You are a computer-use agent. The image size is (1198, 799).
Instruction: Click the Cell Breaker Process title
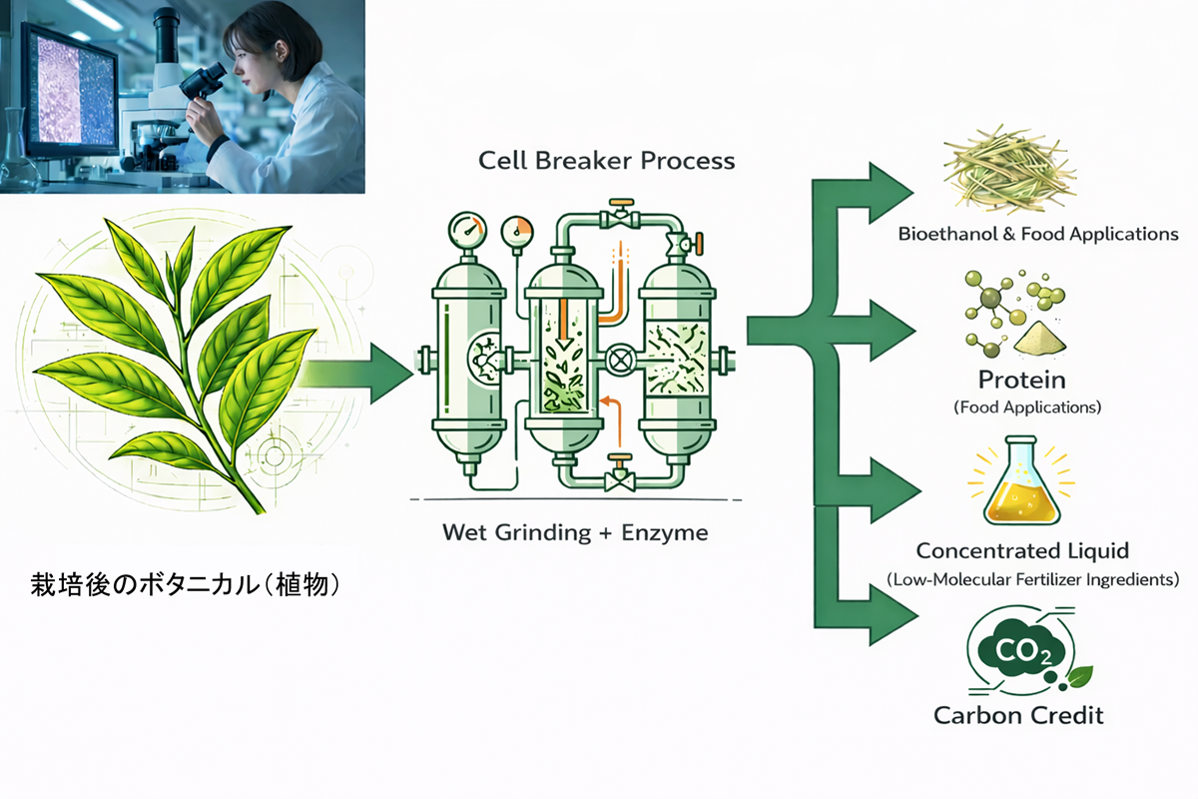[606, 160]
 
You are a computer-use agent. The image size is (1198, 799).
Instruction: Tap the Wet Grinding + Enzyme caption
[575, 532]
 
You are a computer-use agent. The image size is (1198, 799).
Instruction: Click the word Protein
[1021, 381]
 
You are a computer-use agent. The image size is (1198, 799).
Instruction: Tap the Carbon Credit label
[1019, 716]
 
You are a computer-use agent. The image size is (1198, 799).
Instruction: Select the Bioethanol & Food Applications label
[1038, 235]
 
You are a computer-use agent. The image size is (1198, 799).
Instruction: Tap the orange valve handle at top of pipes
[621, 211]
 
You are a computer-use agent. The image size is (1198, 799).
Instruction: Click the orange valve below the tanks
[620, 466]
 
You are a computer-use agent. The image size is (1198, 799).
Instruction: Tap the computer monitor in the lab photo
[70, 90]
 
